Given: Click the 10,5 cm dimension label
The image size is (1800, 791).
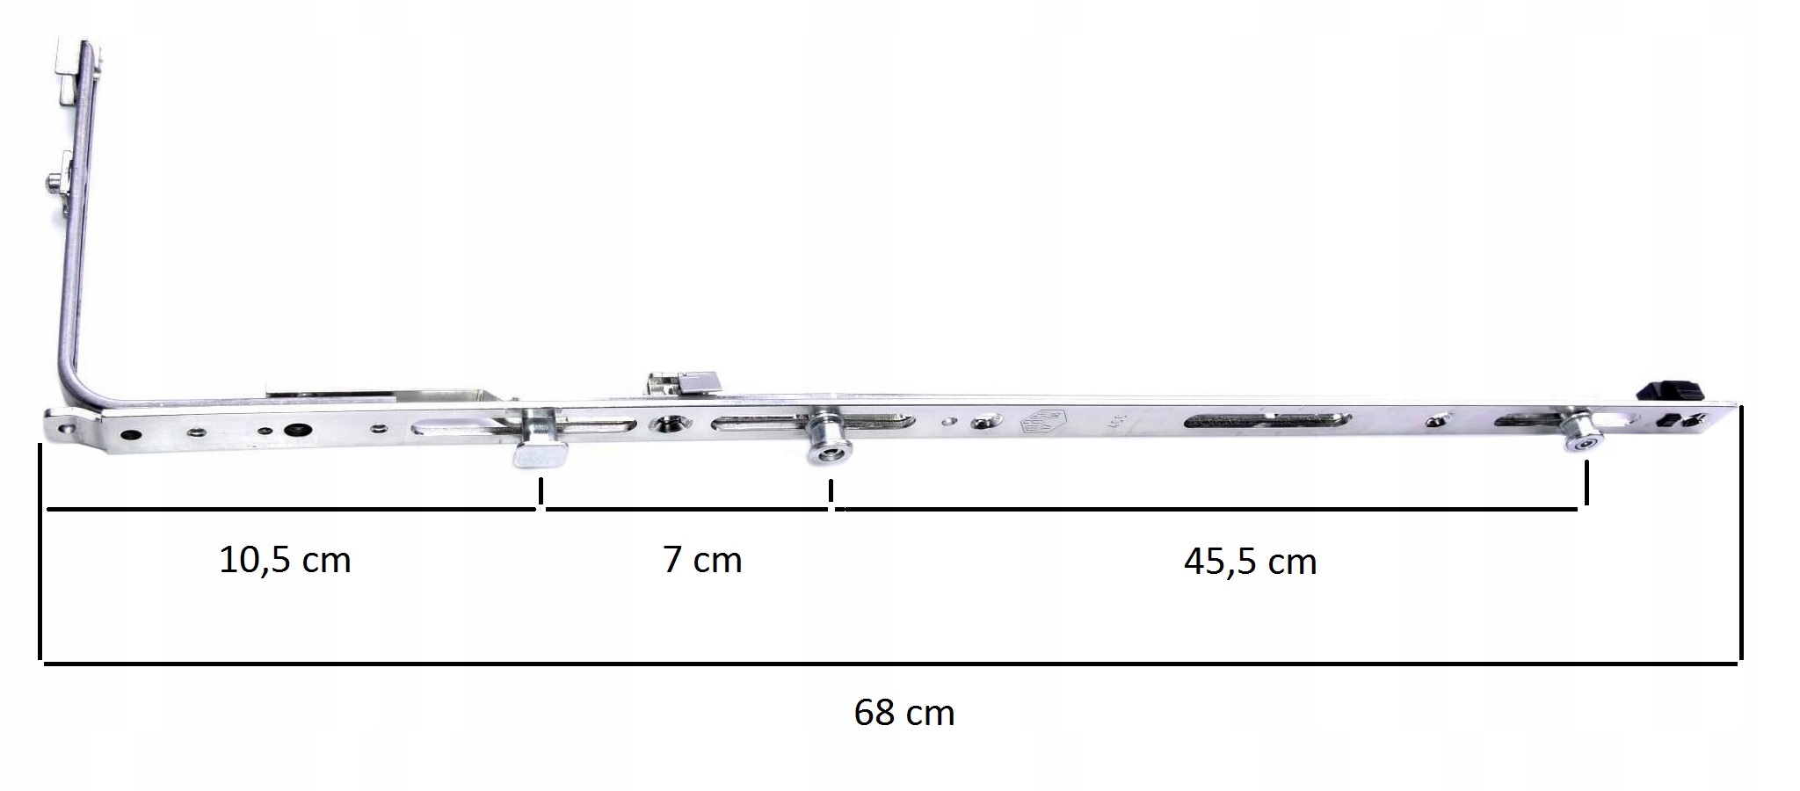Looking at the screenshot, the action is pyautogui.click(x=285, y=560).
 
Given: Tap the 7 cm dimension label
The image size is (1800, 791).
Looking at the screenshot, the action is pyautogui.click(x=702, y=560).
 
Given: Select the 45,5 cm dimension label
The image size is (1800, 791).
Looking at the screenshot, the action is pyautogui.click(x=1250, y=562).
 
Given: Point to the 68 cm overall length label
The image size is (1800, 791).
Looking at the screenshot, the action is pyautogui.click(x=904, y=712).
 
